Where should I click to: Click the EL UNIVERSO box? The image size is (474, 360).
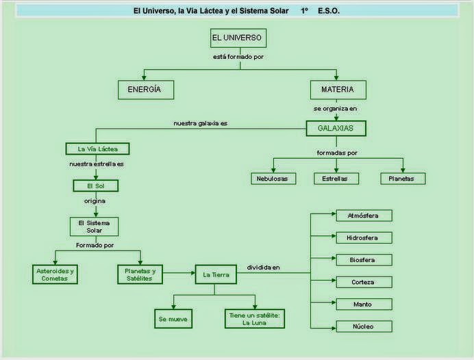click(237, 38)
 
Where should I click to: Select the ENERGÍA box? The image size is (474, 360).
click(145, 90)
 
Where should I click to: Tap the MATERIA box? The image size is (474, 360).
click(337, 90)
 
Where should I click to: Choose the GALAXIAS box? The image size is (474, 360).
click(336, 128)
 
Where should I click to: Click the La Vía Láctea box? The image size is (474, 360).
click(97, 149)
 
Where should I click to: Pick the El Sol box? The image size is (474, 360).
click(96, 185)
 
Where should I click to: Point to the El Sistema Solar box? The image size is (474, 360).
click(95, 227)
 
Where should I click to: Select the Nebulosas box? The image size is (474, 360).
click(273, 179)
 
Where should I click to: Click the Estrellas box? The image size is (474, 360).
click(336, 179)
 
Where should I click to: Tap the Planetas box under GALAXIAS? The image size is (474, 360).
click(402, 179)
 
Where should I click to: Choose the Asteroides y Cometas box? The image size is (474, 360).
click(55, 274)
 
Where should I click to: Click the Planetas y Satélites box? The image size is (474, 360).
click(140, 274)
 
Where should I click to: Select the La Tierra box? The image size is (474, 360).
click(216, 274)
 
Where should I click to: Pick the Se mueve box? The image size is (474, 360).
click(172, 319)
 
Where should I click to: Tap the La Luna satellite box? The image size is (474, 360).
click(254, 318)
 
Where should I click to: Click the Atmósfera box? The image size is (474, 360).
click(364, 216)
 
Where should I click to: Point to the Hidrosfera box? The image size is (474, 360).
click(364, 237)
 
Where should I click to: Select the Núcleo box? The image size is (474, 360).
click(364, 326)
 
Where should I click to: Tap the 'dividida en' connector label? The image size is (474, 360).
click(264, 268)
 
